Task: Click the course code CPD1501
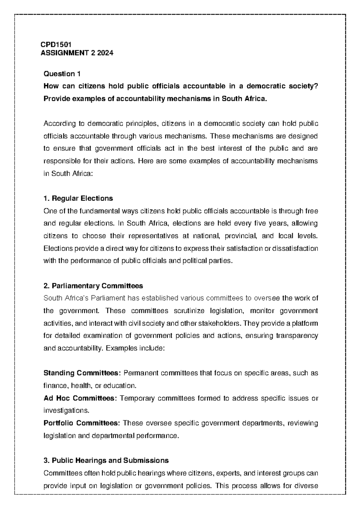coord(56,45)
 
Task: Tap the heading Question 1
coord(62,74)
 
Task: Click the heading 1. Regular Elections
coord(78,198)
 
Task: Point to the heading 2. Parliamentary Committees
coord(93,286)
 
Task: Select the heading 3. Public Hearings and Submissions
coord(106,460)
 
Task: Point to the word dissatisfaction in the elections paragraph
coord(295,249)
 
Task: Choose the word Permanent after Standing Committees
coord(139,373)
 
